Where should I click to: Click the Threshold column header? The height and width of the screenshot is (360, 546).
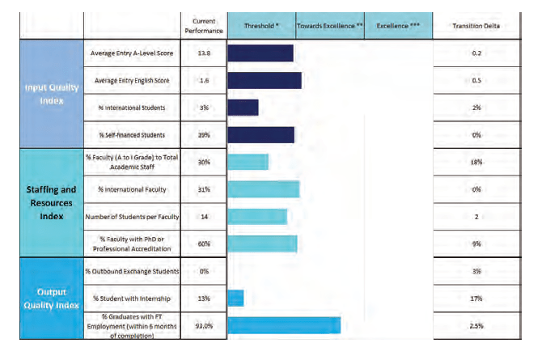click(x=261, y=26)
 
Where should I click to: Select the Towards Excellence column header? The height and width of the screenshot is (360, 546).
click(x=329, y=26)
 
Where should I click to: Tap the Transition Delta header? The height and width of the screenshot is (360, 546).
click(x=476, y=26)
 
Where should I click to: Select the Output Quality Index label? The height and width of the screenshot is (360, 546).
click(x=50, y=298)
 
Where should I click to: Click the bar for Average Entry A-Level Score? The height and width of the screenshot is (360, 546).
click(x=260, y=53)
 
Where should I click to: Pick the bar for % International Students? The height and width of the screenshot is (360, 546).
click(x=243, y=108)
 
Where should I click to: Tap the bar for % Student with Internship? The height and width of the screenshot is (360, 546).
click(x=235, y=299)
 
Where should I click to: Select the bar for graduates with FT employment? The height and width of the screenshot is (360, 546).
click(x=284, y=325)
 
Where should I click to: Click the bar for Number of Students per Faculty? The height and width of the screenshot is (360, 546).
click(x=257, y=216)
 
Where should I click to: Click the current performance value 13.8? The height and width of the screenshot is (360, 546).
click(x=205, y=53)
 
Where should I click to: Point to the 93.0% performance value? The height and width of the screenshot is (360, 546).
click(x=205, y=325)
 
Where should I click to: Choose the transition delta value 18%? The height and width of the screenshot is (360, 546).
click(x=476, y=162)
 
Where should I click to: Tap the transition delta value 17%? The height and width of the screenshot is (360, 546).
click(x=476, y=299)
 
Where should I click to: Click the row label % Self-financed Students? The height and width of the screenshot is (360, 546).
click(x=131, y=135)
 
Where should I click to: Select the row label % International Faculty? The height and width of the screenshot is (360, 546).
click(x=131, y=189)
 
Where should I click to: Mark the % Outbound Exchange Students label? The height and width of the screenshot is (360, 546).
click(x=131, y=271)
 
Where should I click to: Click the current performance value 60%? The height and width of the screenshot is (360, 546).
click(x=205, y=244)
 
